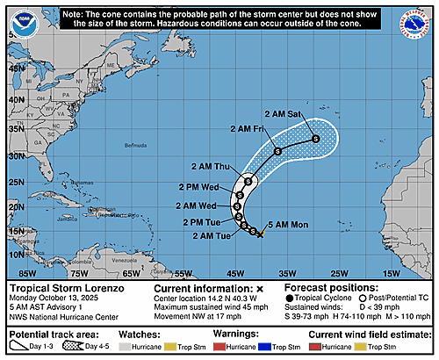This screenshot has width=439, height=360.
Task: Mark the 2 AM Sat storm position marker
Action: pyautogui.click(x=314, y=139)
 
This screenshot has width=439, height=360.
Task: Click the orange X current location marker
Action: pyautogui.click(x=261, y=234)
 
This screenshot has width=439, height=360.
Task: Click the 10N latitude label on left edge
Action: pyautogui.click(x=17, y=254)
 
